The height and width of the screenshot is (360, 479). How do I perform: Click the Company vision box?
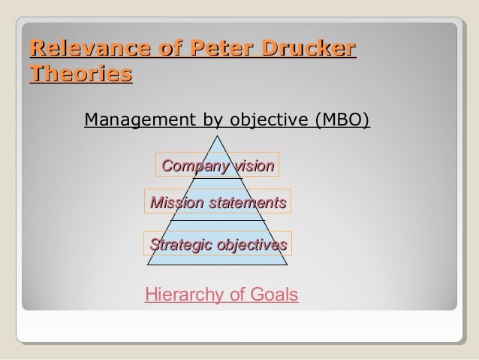pyautogui.click(x=217, y=165)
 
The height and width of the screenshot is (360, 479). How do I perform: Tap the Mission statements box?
pyautogui.click(x=218, y=202)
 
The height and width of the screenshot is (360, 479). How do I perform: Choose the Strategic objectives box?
pyautogui.click(x=218, y=245)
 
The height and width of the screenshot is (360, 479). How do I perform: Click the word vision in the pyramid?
pyautogui.click(x=253, y=165)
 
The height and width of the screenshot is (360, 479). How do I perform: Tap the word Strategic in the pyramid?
pyautogui.click(x=181, y=245)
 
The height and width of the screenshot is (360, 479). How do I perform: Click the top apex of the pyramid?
pyautogui.click(x=218, y=135)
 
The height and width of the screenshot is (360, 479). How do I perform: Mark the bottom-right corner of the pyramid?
pyautogui.click(x=288, y=266)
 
